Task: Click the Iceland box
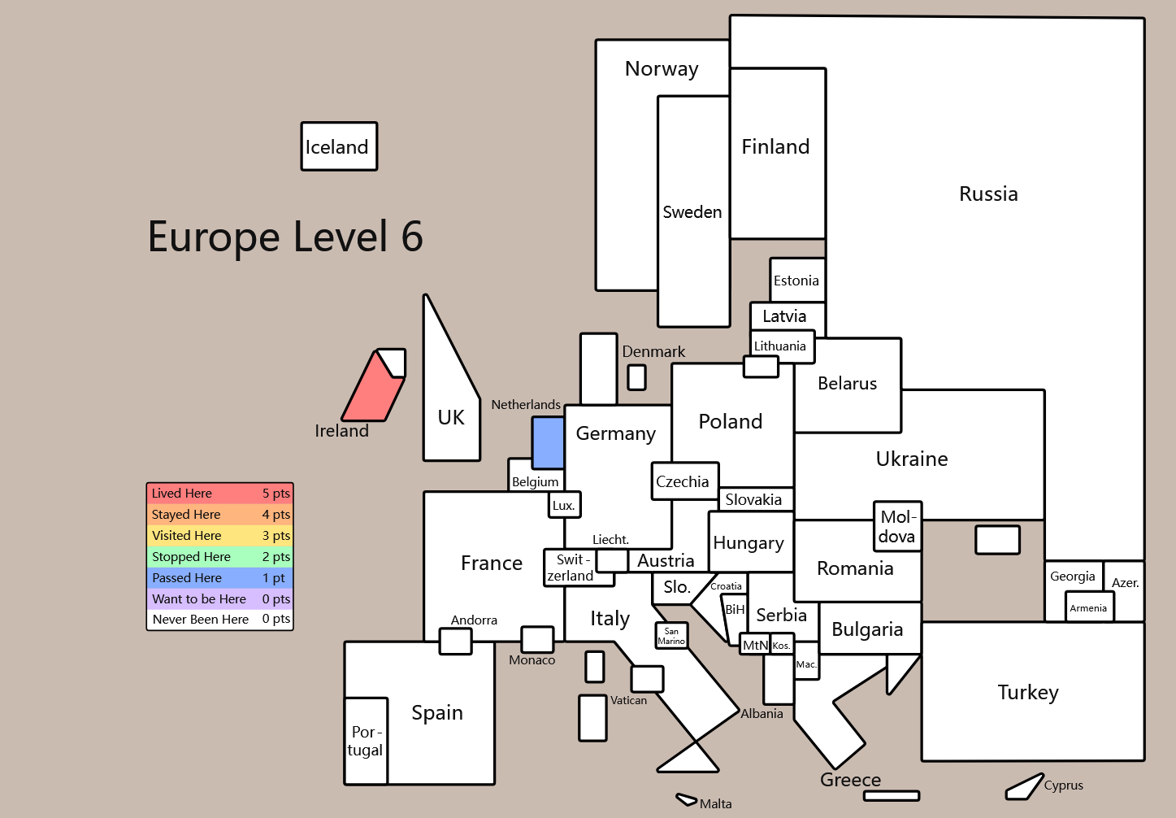[339, 146]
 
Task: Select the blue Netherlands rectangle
[548, 442]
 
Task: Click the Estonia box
[797, 281]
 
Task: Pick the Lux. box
[564, 505]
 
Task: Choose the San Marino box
[671, 635]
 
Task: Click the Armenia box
[1089, 607]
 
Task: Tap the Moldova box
[897, 527]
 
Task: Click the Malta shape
[686, 800]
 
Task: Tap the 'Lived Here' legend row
[219, 494]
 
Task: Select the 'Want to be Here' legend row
[219, 599]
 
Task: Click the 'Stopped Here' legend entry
[219, 557]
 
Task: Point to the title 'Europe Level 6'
[285, 237]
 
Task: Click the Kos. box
[782, 645]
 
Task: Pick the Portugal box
[366, 741]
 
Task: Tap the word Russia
[988, 194]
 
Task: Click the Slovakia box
[755, 499]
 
